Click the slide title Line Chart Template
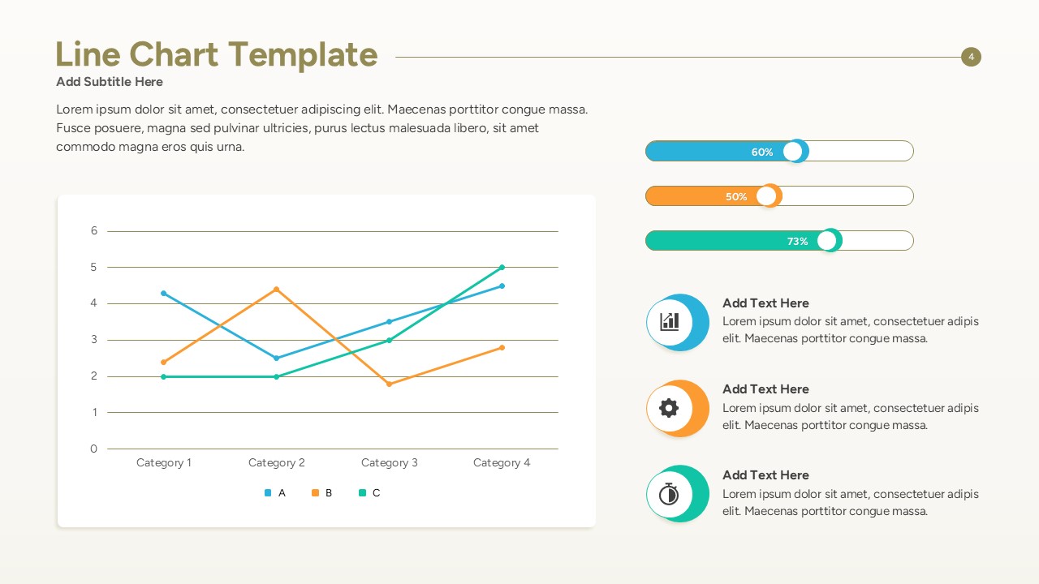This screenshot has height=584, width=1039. pyautogui.click(x=216, y=55)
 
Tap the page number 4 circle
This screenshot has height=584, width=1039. pyautogui.click(x=971, y=57)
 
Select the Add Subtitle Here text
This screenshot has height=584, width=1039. pyautogui.click(x=110, y=82)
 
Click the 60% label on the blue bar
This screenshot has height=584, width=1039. pyautogui.click(x=762, y=152)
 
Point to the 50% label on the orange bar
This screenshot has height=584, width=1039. pyautogui.click(x=736, y=196)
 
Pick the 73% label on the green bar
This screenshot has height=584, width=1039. pyautogui.click(x=797, y=241)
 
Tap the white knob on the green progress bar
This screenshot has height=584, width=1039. pyautogui.click(x=827, y=241)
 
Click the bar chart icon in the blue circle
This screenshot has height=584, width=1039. pyautogui.click(x=670, y=322)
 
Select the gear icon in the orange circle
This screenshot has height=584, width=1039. pyautogui.click(x=669, y=408)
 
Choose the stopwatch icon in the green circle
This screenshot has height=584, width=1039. pyautogui.click(x=669, y=494)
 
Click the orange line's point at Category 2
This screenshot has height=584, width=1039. pyautogui.click(x=277, y=289)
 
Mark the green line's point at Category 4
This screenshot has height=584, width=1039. pyautogui.click(x=502, y=267)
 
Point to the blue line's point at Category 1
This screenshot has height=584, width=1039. pyautogui.click(x=164, y=293)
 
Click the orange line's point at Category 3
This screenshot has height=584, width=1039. pyautogui.click(x=390, y=384)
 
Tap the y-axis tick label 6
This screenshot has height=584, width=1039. pyautogui.click(x=94, y=231)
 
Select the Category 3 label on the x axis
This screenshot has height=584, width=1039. pyautogui.click(x=390, y=463)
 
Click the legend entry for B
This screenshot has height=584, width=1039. pyautogui.click(x=322, y=493)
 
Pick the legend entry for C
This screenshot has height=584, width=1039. pyautogui.click(x=369, y=493)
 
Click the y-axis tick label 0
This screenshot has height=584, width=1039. pyautogui.click(x=94, y=449)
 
